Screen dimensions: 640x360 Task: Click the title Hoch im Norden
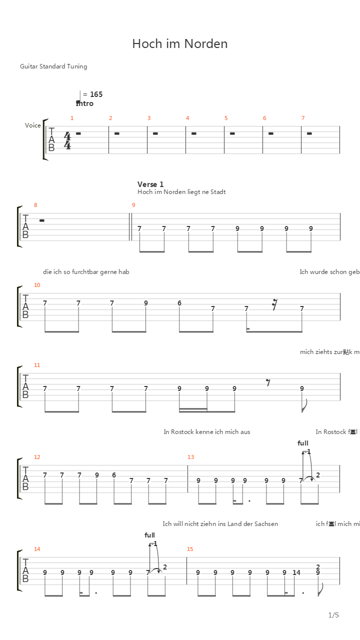point(180,44)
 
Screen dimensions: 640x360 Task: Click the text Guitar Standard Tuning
point(53,66)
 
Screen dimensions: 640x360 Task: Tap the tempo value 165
point(96,94)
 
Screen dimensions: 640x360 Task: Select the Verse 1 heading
point(150,184)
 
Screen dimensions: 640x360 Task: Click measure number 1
point(72,118)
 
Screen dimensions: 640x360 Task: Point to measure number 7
point(303,118)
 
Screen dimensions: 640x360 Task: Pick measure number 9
point(133,205)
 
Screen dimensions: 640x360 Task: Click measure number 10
point(37,285)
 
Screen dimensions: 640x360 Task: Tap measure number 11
point(37,365)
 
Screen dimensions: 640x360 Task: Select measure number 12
point(37,457)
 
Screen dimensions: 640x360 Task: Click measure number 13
point(190,457)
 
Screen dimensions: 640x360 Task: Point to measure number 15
point(190,549)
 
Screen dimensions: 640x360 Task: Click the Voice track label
point(33,125)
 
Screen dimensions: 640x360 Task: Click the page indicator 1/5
point(333,615)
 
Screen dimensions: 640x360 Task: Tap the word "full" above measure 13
point(303,443)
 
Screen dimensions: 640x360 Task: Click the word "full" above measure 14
point(150,535)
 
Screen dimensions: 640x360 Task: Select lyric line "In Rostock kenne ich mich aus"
point(207,432)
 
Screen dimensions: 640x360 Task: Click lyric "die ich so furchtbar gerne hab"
point(86,272)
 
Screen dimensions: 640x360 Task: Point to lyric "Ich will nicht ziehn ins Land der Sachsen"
point(220,524)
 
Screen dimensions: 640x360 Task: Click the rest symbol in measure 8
point(41,220)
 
